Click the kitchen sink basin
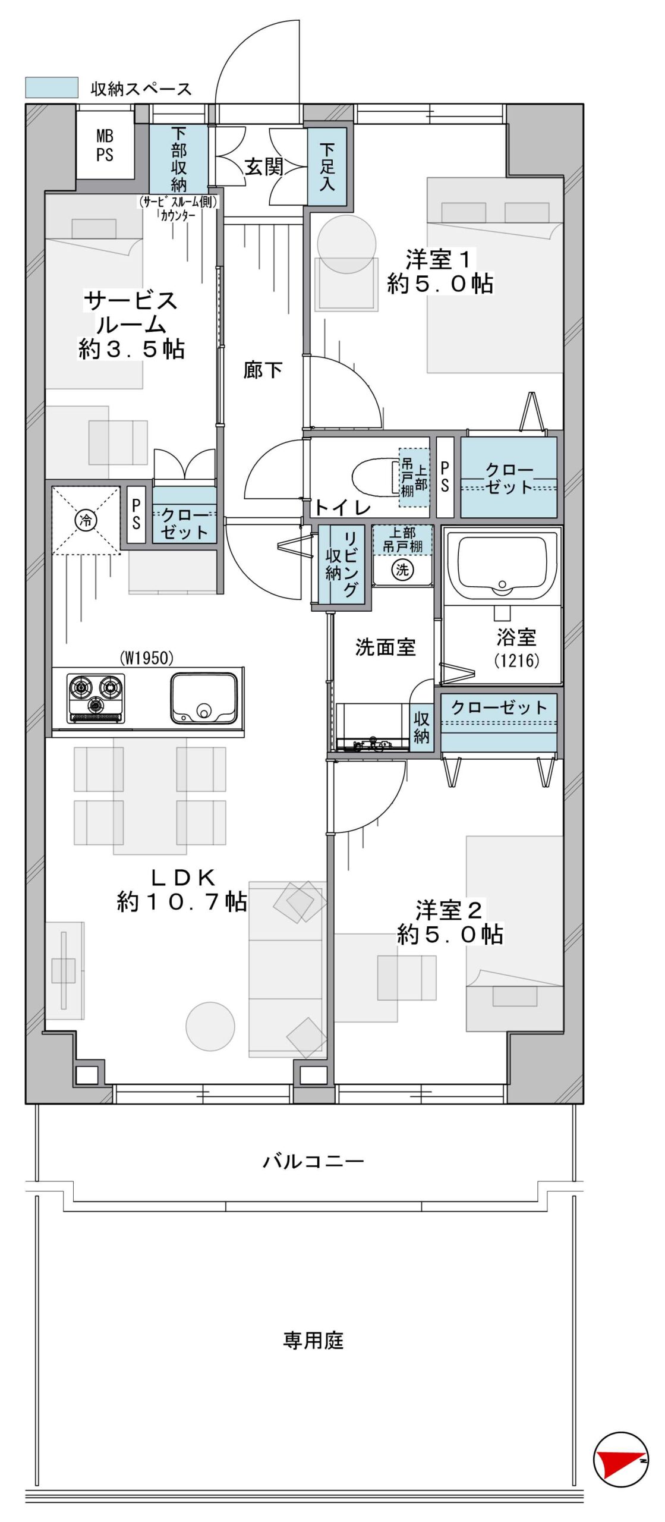[x=204, y=698]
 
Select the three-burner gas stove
[x=96, y=698]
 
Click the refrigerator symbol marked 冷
[x=86, y=521]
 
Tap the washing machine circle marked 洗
[x=402, y=570]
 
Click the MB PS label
[x=105, y=146]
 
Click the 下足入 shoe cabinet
[x=327, y=166]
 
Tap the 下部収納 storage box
[x=178, y=159]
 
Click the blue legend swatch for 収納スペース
[x=52, y=87]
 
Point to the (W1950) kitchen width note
[x=146, y=658]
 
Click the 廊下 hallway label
[x=263, y=370]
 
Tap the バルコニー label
[x=313, y=1161]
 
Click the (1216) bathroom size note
[x=516, y=660]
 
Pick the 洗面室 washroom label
[x=385, y=647]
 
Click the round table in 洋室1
[x=346, y=244]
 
